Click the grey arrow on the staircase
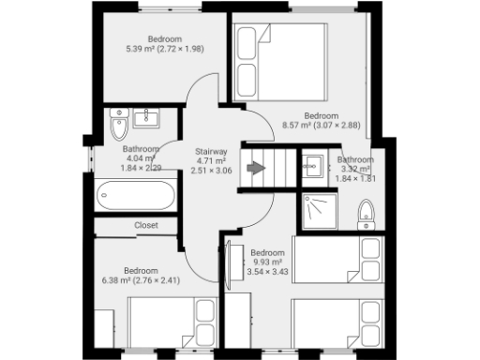point(254,169)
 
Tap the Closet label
point(146,225)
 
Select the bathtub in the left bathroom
point(135,198)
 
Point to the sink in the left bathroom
point(146,118)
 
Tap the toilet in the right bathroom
point(366,215)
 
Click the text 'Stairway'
point(211,151)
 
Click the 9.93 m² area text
point(267,262)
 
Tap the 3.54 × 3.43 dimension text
point(267,272)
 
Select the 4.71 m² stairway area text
point(211,160)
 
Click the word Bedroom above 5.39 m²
point(139,39)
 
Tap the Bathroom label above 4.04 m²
point(142,149)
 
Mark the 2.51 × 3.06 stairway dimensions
point(211,171)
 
